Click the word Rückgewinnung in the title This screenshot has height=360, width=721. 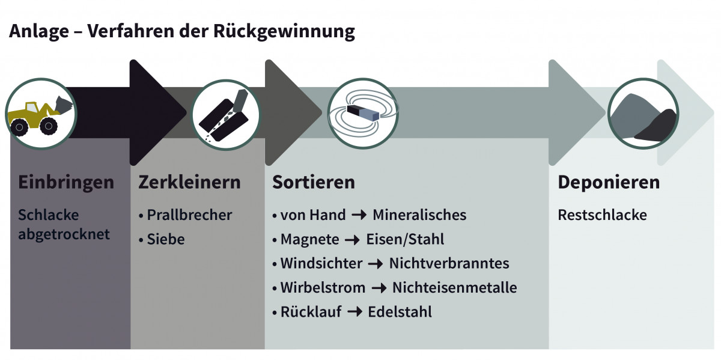(x=284, y=31)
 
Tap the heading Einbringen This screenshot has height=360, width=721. (x=66, y=182)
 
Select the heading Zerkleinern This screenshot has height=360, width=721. (x=189, y=182)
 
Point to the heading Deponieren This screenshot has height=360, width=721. (x=608, y=182)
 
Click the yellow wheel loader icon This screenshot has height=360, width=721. (x=40, y=114)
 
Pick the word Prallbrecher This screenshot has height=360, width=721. (x=189, y=215)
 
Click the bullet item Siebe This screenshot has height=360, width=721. (x=165, y=239)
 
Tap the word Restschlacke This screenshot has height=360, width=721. (x=602, y=215)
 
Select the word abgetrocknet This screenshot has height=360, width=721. (x=64, y=234)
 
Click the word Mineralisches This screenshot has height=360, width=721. (x=419, y=215)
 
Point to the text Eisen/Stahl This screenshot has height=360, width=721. (x=404, y=239)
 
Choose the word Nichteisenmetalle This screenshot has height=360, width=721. (x=454, y=288)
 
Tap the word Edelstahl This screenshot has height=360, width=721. (x=400, y=312)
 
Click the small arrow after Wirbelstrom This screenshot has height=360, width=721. (x=379, y=288)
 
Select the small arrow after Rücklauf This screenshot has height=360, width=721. (x=354, y=312)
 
